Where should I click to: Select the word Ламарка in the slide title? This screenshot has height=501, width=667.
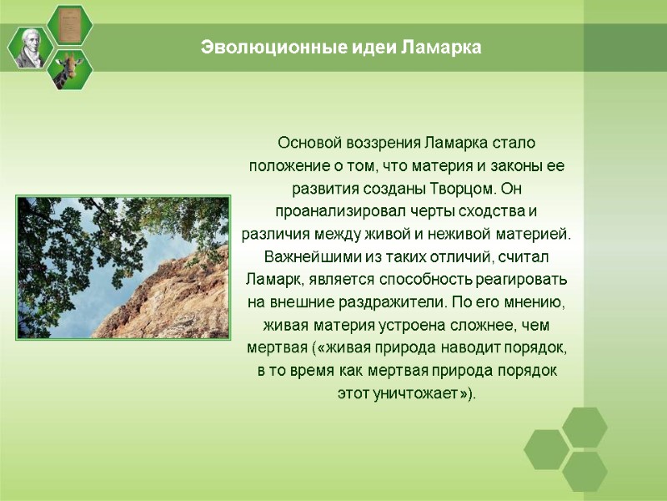pos(441,48)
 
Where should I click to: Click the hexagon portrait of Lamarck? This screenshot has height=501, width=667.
pos(31,48)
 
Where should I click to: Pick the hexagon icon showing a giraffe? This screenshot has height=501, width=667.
pos(70,69)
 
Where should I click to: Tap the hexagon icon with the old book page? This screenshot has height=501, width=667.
pos(70,24)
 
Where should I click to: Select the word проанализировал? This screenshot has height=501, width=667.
pos(334,210)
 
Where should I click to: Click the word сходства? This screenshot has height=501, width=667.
pos(491,210)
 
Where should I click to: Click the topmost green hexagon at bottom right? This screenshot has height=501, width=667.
pos(584,427)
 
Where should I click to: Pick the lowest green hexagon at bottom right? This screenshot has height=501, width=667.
pos(584,471)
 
